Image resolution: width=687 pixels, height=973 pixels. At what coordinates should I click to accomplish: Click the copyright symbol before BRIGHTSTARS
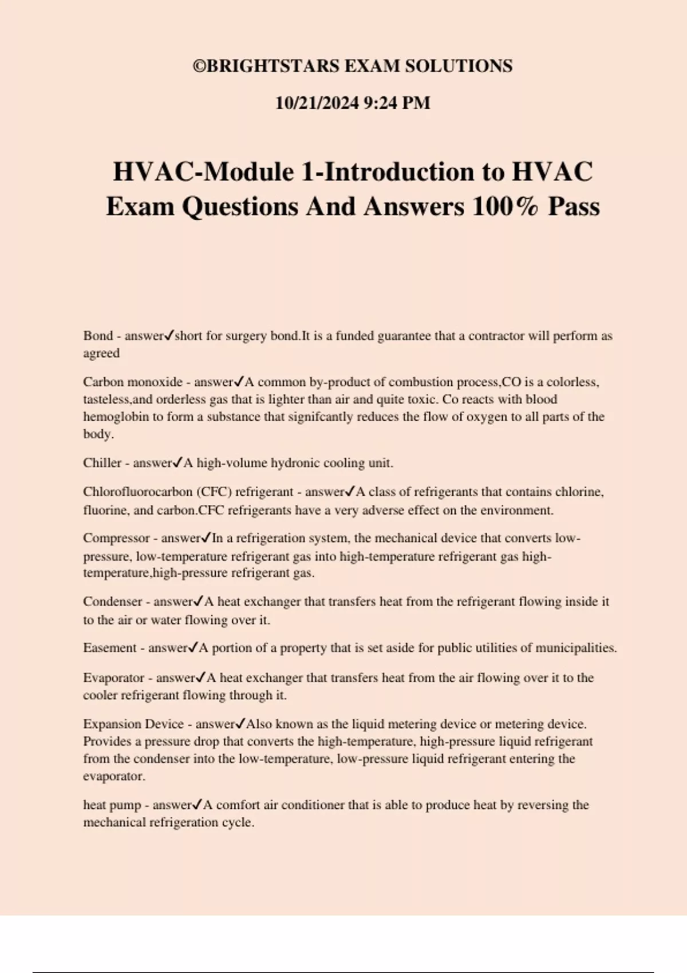[199, 66]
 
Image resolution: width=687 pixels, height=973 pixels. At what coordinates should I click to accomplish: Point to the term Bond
[97, 336]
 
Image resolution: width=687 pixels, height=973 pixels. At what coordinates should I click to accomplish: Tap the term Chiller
[102, 463]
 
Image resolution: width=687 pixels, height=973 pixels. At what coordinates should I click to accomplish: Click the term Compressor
[116, 538]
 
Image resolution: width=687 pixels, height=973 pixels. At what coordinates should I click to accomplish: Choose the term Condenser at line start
[112, 602]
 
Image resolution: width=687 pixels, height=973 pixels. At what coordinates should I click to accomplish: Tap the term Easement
[110, 648]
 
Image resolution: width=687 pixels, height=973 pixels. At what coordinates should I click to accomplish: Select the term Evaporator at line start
[113, 678]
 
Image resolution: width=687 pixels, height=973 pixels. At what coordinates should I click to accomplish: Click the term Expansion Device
[133, 724]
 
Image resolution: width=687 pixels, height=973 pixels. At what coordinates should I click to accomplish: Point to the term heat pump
[112, 805]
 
